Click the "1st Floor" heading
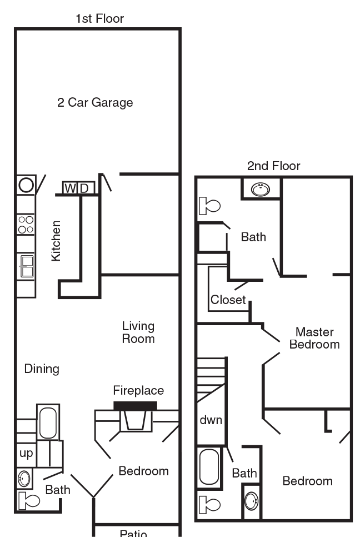(99, 19)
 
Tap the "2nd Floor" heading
(273, 166)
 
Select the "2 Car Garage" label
(95, 103)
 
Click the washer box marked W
(70, 188)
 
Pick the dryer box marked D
(84, 188)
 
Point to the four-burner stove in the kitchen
(26, 224)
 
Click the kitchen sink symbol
(26, 265)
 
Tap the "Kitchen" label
(56, 241)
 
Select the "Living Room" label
(138, 332)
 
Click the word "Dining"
(42, 369)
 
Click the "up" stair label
(26, 453)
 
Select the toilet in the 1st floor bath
(28, 501)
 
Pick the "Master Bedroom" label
(314, 338)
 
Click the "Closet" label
(228, 300)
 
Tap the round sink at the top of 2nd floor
(260, 190)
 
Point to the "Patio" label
(133, 533)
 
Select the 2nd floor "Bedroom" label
(307, 481)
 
